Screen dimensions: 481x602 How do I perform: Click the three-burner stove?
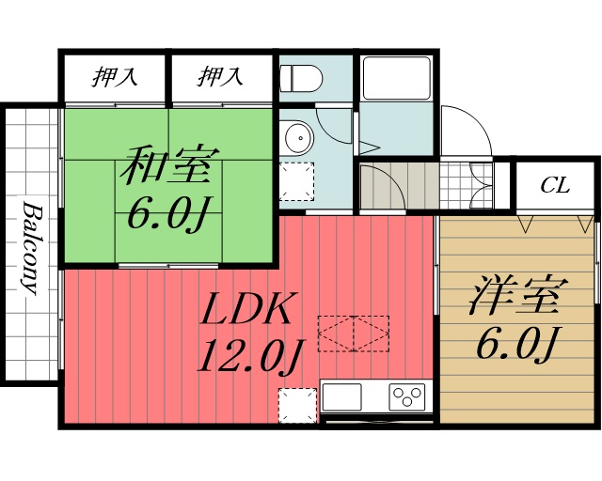click(408, 396)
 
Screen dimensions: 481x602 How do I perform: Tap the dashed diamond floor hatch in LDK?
click(353, 332)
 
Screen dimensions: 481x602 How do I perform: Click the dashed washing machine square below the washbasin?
click(297, 180)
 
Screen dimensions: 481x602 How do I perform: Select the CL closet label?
click(555, 185)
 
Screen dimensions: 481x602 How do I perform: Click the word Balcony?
click(31, 247)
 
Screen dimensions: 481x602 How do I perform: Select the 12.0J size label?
click(250, 356)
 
